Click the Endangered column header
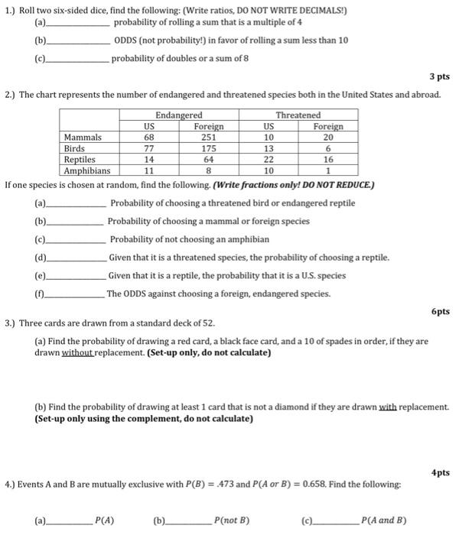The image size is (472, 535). point(179,115)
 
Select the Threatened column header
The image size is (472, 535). point(298,115)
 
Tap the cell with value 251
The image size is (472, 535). point(209,137)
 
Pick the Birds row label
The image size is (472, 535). point(74,148)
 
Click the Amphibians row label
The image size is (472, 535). point(86,171)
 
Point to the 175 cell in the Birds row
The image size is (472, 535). point(209,148)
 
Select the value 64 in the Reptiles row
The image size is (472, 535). point(209,160)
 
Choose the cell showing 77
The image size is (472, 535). point(150,148)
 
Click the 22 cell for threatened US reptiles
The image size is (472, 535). point(269,160)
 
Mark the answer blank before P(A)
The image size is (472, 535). point(68,522)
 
